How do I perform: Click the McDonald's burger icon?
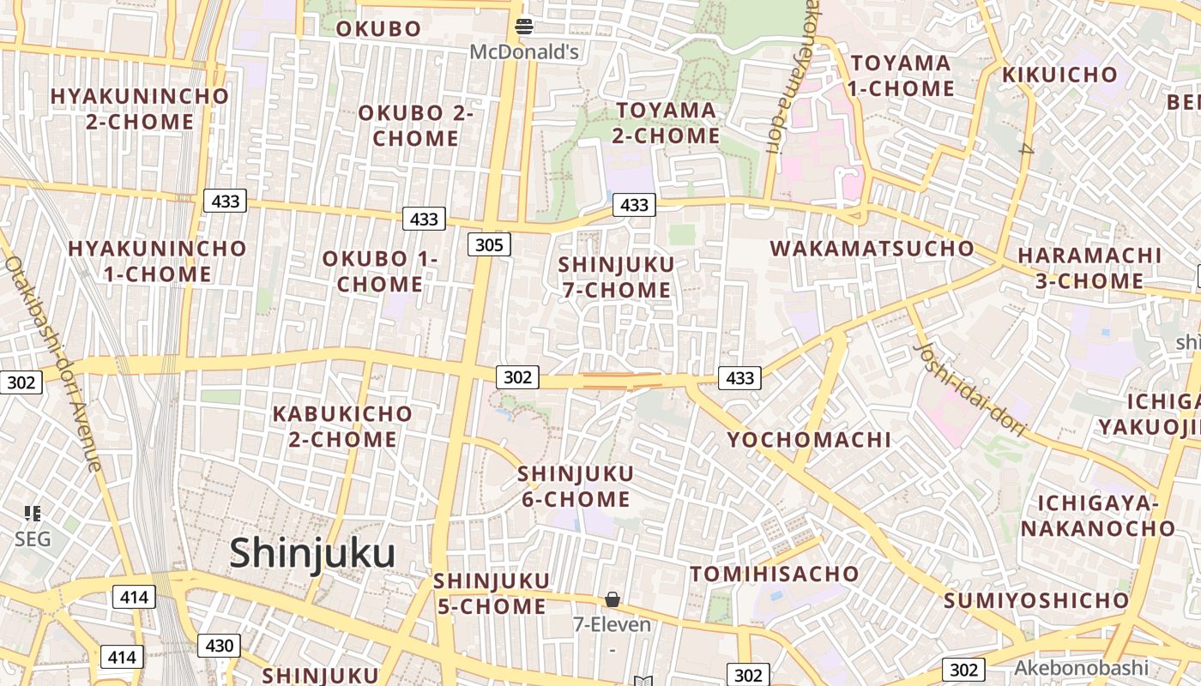click(524, 27)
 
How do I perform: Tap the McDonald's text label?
click(524, 52)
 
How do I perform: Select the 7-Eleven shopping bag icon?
click(613, 599)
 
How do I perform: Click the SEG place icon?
click(33, 514)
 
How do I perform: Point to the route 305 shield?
click(489, 245)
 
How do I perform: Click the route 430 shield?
click(220, 646)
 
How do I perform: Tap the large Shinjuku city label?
click(312, 553)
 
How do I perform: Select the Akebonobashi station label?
click(1081, 667)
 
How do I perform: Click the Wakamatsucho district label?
click(872, 250)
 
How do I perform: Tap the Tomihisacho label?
click(775, 574)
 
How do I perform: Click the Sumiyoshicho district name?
click(1036, 600)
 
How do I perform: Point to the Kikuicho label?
click(1060, 75)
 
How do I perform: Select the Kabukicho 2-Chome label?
click(342, 426)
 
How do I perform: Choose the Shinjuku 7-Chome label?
click(616, 277)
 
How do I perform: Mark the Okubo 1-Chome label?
click(379, 271)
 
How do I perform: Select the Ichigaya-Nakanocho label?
click(1097, 515)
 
